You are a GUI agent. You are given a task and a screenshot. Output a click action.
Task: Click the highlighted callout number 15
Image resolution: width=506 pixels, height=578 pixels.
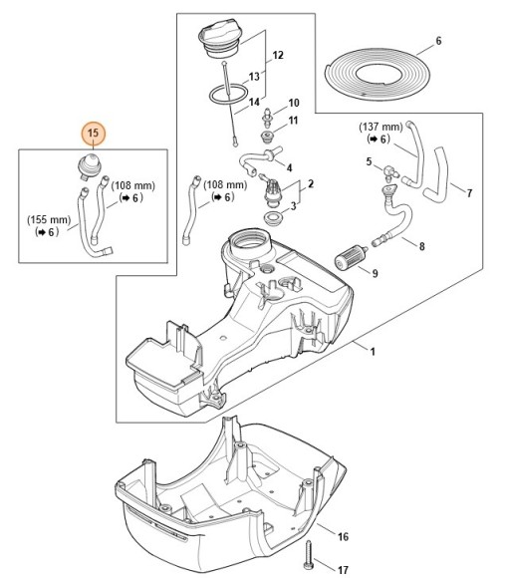(x=94, y=133)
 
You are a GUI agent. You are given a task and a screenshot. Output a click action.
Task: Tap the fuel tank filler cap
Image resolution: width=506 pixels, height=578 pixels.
(x=220, y=40)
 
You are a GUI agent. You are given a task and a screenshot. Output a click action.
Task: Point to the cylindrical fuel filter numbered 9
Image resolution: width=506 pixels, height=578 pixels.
(x=350, y=258)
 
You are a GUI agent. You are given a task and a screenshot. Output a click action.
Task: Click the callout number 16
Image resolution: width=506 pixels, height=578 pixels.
(x=343, y=537)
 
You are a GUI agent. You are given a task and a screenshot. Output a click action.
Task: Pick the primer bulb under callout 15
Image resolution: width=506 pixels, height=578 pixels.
(x=90, y=167)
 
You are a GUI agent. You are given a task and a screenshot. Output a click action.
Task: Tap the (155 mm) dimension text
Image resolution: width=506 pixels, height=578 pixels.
(x=49, y=220)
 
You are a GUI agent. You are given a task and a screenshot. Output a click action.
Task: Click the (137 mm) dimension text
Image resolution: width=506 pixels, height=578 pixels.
(x=380, y=128)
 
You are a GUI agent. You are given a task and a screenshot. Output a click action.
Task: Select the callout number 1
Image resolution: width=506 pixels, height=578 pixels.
(x=373, y=352)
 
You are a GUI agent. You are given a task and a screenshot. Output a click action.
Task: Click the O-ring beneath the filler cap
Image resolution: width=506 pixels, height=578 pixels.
(x=228, y=94)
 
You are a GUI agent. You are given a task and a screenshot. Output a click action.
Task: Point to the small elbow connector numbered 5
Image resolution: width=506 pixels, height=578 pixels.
(x=388, y=171)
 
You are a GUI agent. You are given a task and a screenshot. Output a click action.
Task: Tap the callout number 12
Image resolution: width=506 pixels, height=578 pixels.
(x=278, y=55)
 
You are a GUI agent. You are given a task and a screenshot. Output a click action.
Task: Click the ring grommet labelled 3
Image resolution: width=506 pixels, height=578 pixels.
(x=273, y=217)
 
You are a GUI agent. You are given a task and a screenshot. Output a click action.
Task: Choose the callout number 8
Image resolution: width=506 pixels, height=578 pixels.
(x=422, y=246)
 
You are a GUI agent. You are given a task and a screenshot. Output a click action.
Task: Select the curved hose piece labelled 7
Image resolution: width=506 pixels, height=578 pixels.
(x=437, y=175)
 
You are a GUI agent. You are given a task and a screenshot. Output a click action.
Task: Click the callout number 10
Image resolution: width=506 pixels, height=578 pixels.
(x=294, y=103)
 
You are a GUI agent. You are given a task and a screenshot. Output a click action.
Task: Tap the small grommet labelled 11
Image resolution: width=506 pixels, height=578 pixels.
(x=266, y=138)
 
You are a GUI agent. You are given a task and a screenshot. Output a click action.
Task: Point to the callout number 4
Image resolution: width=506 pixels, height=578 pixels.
(x=289, y=167)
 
